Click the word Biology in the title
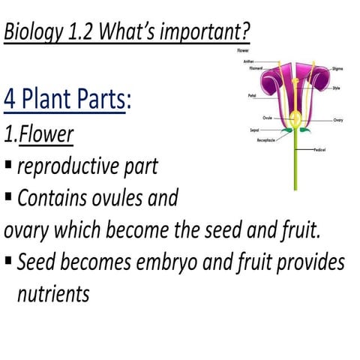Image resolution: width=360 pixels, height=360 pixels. coord(36,33)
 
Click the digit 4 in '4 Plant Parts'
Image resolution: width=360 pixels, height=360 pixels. coord(10,99)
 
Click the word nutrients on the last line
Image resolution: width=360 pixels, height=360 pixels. coord(52,293)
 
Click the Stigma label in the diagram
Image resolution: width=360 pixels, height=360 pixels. coord(337,68)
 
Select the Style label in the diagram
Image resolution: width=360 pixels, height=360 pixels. coord(336,88)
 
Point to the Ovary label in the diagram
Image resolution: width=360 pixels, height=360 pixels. coord(337,120)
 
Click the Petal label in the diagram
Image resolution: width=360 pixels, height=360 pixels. coord(252,95)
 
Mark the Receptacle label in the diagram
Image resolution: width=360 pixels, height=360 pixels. coord(265,140)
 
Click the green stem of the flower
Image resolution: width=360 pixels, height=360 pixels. coord(295,165)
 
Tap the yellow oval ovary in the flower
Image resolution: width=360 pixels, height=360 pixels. coord(295,118)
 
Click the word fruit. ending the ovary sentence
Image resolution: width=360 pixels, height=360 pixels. coord(298,230)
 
